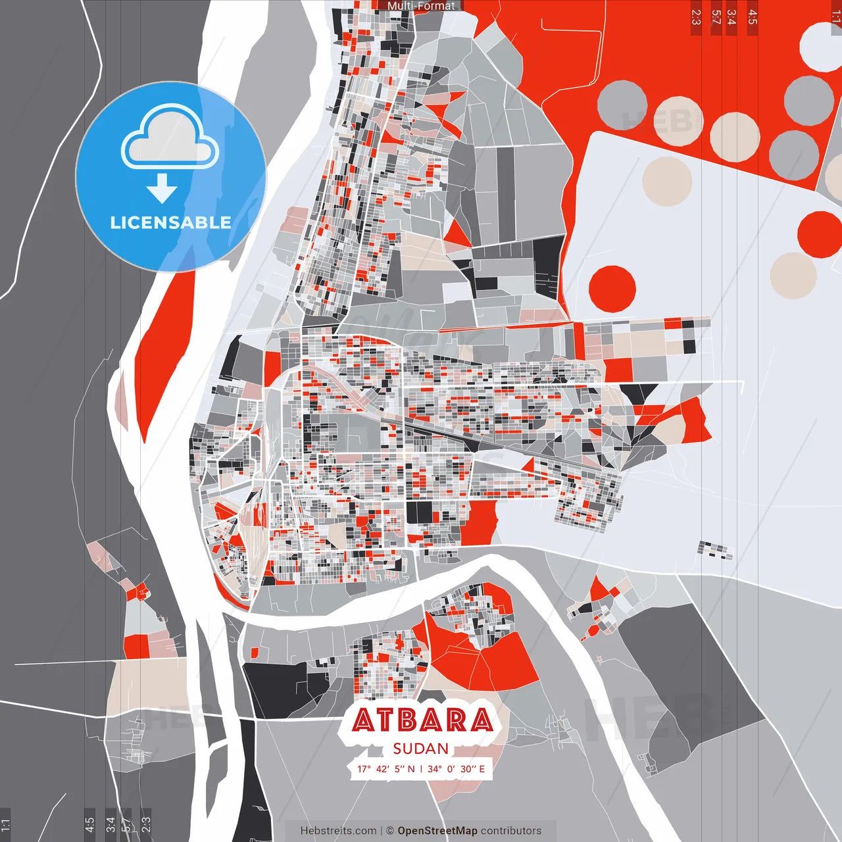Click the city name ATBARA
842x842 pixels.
[422, 720]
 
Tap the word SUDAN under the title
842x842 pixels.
[421, 749]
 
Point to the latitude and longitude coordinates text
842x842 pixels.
[421, 768]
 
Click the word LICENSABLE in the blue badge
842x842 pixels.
[170, 222]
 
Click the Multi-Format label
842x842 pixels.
[421, 6]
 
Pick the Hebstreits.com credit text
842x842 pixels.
[338, 831]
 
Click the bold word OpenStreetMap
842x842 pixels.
[437, 831]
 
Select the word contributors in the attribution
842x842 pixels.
[511, 831]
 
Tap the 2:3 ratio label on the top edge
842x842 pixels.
[696, 17]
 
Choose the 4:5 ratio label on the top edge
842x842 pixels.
[753, 17]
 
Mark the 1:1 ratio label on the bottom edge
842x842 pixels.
[5, 824]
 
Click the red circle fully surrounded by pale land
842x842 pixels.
[612, 289]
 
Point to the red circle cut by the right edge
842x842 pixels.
[821, 234]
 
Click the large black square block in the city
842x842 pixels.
[420, 512]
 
